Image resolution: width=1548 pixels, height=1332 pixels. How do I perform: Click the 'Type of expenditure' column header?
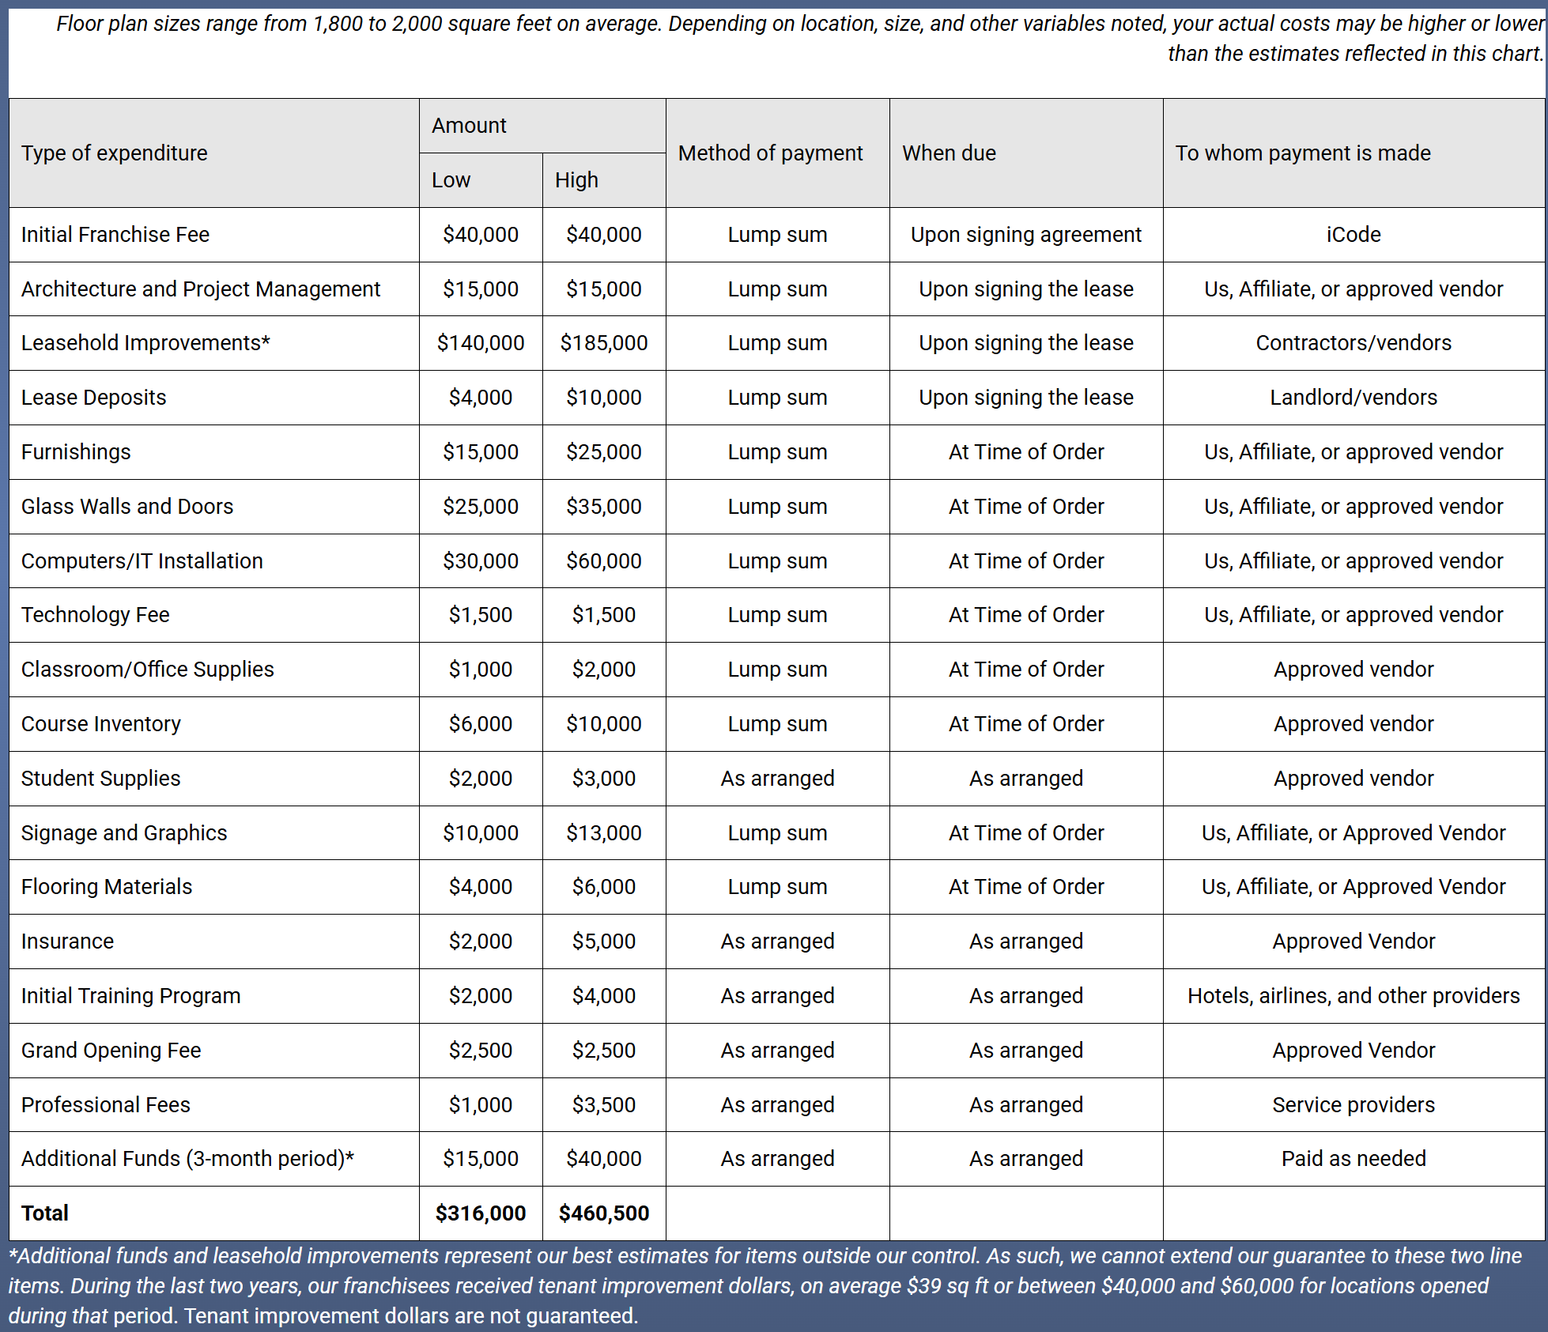[114, 153]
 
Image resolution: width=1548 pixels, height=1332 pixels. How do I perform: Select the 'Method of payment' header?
[770, 153]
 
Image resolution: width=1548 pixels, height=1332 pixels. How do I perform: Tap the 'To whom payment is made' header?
[1303, 153]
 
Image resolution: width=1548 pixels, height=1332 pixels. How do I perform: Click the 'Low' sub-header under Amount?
[451, 180]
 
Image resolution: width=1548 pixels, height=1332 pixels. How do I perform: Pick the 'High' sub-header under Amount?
[576, 180]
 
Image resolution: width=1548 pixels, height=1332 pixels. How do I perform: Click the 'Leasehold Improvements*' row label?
[145, 343]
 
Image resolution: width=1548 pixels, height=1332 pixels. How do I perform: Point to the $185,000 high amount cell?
[604, 343]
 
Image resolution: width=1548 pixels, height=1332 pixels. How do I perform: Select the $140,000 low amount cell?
[481, 343]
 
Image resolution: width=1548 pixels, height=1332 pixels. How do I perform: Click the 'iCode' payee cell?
[1354, 235]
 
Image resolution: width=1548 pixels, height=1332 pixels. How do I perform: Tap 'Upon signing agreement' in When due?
[1026, 235]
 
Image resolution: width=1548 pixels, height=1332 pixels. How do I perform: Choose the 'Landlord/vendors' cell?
[1354, 398]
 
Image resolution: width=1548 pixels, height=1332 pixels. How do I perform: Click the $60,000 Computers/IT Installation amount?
[604, 561]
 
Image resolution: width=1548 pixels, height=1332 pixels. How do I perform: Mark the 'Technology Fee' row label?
[96, 615]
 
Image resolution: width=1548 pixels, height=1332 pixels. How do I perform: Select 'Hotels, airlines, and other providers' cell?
[1354, 996]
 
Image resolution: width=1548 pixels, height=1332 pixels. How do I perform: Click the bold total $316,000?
[481, 1213]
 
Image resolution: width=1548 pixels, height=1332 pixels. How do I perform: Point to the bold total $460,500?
[604, 1213]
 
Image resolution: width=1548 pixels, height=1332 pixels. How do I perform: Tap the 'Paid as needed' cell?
[1354, 1159]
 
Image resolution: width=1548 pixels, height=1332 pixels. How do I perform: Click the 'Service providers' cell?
[1354, 1105]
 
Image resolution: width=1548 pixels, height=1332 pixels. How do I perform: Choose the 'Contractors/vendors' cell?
[1354, 343]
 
